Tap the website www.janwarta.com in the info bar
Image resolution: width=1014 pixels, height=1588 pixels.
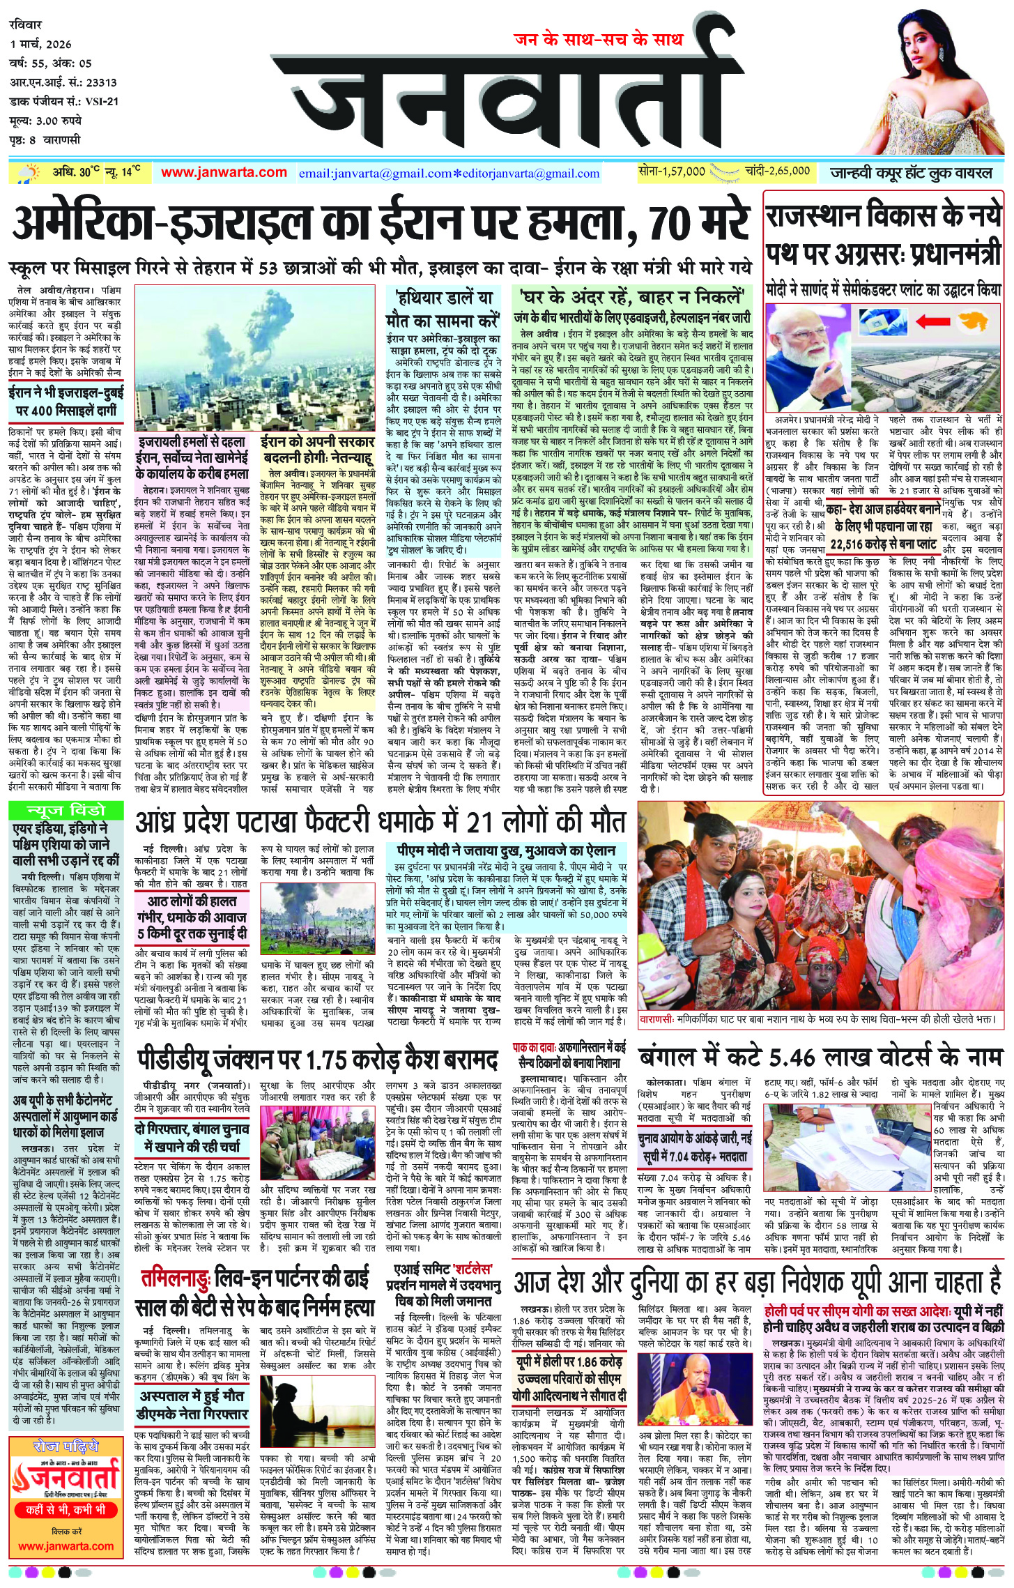224,172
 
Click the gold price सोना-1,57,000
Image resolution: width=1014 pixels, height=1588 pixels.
672,171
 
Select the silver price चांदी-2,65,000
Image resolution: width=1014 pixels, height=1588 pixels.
776,171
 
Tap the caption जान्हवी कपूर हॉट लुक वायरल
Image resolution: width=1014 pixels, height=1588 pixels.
911,172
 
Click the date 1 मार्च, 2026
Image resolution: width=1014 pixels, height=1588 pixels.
41,45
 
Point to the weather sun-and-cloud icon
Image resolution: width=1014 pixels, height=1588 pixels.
30,173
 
